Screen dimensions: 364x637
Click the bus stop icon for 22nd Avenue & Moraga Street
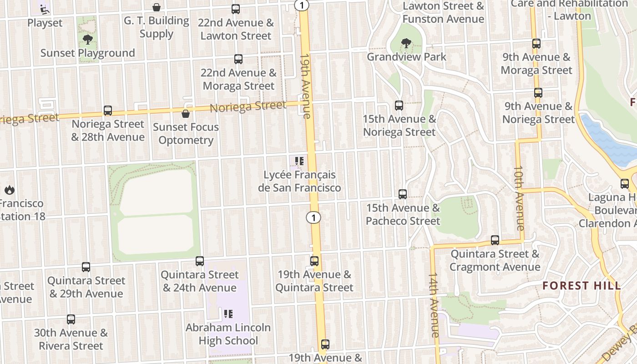click(238, 59)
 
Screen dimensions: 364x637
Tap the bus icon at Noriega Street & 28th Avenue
click(108, 111)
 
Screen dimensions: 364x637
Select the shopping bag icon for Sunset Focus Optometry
click(186, 114)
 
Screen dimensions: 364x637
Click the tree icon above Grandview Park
click(405, 44)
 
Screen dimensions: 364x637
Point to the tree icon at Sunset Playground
click(88, 40)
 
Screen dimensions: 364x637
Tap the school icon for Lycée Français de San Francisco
click(299, 161)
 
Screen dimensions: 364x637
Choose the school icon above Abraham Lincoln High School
click(228, 314)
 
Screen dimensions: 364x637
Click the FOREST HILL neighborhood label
click(581, 286)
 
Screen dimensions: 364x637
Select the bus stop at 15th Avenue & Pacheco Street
click(403, 194)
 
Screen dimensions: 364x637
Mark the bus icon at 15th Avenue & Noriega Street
click(399, 106)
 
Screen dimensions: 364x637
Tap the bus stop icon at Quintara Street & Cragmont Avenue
click(495, 240)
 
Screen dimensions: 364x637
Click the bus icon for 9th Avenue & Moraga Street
click(536, 44)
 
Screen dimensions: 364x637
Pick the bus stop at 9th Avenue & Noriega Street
click(538, 93)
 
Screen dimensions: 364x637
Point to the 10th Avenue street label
click(519, 198)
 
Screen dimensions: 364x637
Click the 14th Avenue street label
click(433, 305)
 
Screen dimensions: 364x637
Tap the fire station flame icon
click(10, 190)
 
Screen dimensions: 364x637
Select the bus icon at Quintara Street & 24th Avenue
click(199, 261)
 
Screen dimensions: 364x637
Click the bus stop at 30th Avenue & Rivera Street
click(71, 319)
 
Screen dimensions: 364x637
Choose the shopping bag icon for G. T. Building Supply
click(157, 7)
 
